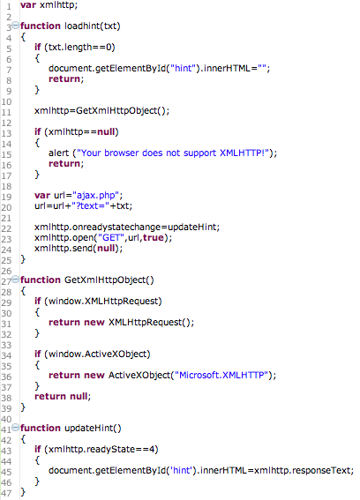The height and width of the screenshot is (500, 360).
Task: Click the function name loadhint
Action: tap(82, 26)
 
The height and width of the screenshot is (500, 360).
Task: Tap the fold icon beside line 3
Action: tap(15, 26)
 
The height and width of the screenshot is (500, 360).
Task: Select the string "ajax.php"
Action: tap(96, 196)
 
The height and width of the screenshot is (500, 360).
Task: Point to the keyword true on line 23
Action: tap(154, 237)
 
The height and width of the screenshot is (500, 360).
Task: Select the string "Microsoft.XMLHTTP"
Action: tap(221, 375)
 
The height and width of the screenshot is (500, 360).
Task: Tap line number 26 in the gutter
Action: tap(6, 271)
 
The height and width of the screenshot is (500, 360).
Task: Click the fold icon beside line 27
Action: tap(15, 280)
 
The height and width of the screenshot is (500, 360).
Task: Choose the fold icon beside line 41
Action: tap(15, 428)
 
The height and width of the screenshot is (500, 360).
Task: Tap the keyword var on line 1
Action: tap(28, 5)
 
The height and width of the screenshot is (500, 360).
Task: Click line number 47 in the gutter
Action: tap(6, 493)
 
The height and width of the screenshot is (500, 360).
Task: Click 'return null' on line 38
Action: tap(61, 396)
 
